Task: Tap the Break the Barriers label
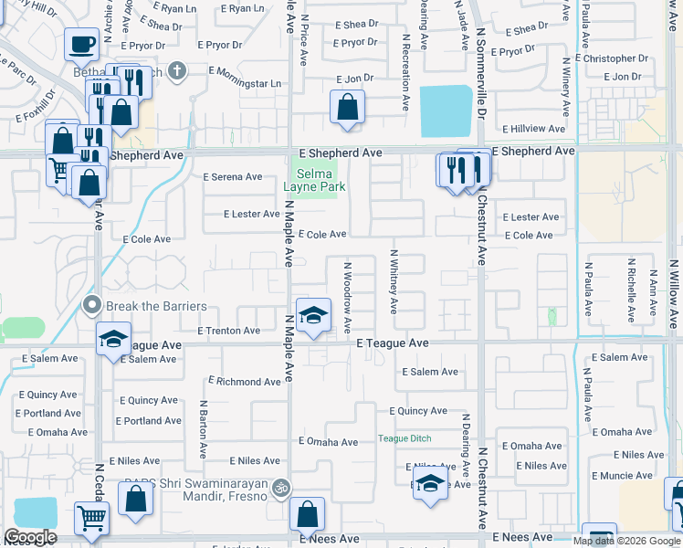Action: tap(155, 306)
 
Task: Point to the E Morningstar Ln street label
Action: tap(244, 83)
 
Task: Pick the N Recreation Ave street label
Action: tap(404, 68)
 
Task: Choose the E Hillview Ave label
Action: tap(534, 129)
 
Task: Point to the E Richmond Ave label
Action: tap(244, 382)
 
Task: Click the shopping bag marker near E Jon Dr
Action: tap(347, 107)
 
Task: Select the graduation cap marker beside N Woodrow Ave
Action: tap(313, 315)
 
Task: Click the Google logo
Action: tap(30, 537)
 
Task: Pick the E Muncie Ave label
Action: tap(623, 476)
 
